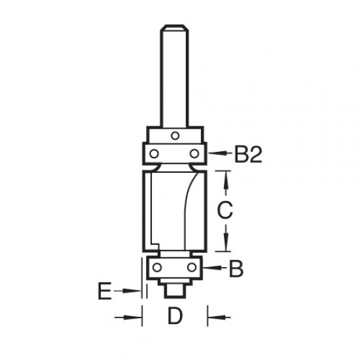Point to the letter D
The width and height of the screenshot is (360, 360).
click(173, 317)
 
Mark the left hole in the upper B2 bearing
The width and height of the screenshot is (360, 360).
click(153, 153)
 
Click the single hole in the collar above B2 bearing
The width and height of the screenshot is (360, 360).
click(174, 135)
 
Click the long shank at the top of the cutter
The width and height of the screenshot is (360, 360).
click(173, 72)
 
